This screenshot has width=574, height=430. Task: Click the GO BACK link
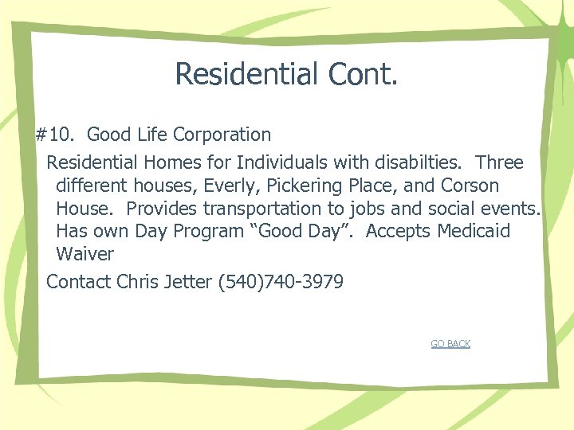click(450, 344)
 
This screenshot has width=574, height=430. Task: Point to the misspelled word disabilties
click(415, 162)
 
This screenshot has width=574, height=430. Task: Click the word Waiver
click(85, 255)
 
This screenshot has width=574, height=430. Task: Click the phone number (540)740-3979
click(280, 281)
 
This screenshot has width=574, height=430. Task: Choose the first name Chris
click(137, 281)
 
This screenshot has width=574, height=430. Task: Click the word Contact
click(79, 281)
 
